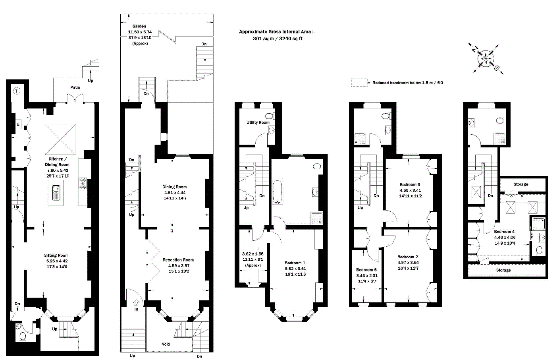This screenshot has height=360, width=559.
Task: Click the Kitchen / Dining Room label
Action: coord(57,162)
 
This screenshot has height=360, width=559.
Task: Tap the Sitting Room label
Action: coord(56,255)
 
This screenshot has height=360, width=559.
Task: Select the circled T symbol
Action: coord(17,91)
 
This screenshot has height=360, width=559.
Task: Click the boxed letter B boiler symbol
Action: coord(18,124)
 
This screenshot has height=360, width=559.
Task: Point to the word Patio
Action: coord(75,87)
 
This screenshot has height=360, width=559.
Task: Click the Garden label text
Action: coord(139,26)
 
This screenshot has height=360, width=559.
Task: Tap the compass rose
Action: coord(486,59)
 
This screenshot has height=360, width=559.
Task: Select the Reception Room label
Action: coord(178,260)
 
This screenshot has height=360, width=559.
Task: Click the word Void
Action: coord(166,344)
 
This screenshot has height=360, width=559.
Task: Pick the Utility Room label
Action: coord(258,122)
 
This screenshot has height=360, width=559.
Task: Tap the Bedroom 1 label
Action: coord(295,263)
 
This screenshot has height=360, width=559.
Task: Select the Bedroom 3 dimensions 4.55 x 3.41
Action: coord(410,190)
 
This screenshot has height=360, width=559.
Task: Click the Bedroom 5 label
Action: coord(366,270)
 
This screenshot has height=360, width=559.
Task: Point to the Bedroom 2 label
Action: coord(408,257)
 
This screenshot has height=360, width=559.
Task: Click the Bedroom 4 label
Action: coord(504,232)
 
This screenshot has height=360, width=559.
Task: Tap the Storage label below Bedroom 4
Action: coord(503,270)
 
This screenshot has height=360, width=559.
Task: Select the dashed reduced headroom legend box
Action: coord(359,83)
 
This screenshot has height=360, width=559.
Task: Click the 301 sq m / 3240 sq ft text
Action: coord(278,39)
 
